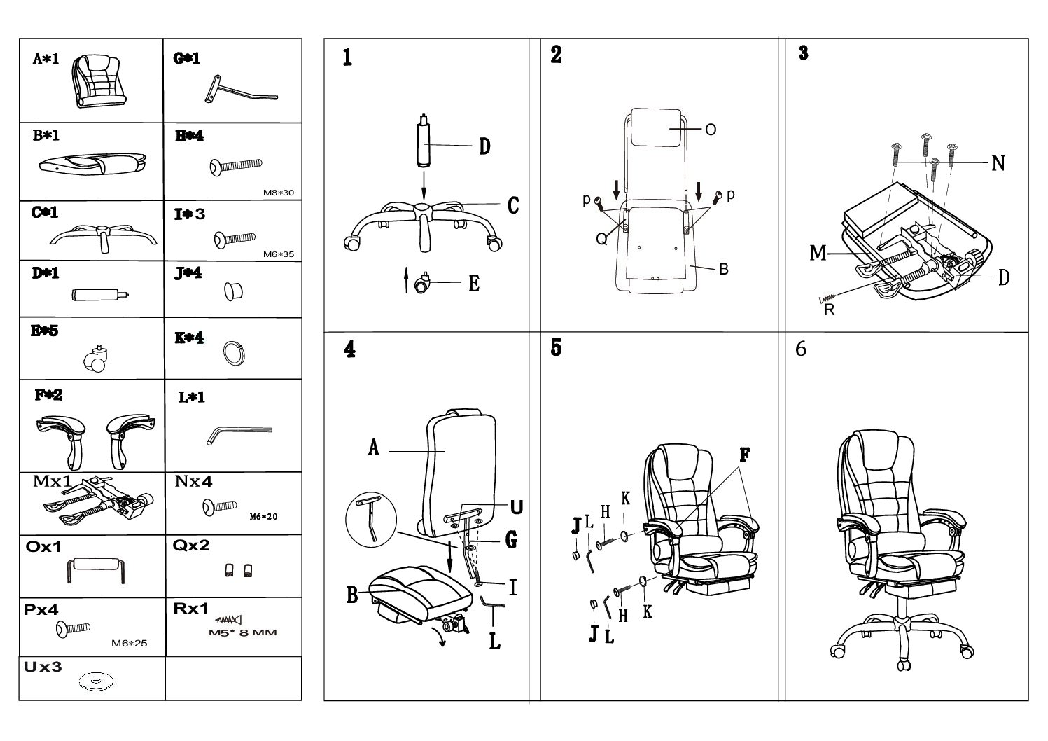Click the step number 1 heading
pyautogui.click(x=347, y=57)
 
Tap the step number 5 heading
pyautogui.click(x=556, y=348)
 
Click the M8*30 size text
pyautogui.click(x=278, y=193)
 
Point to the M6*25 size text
pyautogui.click(x=130, y=644)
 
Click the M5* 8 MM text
pyautogui.click(x=243, y=633)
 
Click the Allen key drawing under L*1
pyautogui.click(x=239, y=435)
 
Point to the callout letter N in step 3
pyautogui.click(x=998, y=164)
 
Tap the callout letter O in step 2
pyautogui.click(x=710, y=130)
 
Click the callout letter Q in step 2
pyautogui.click(x=601, y=239)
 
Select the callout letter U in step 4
pyautogui.click(x=517, y=506)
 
